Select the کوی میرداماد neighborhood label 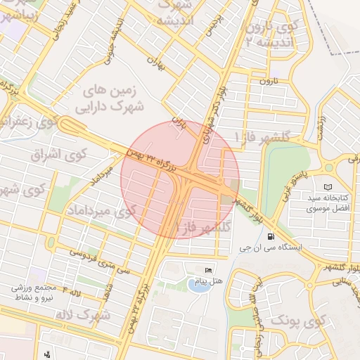(x=100, y=210)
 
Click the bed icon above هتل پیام (x=207, y=271)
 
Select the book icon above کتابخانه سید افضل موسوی (x=327, y=186)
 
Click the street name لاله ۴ (x=72, y=290)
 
